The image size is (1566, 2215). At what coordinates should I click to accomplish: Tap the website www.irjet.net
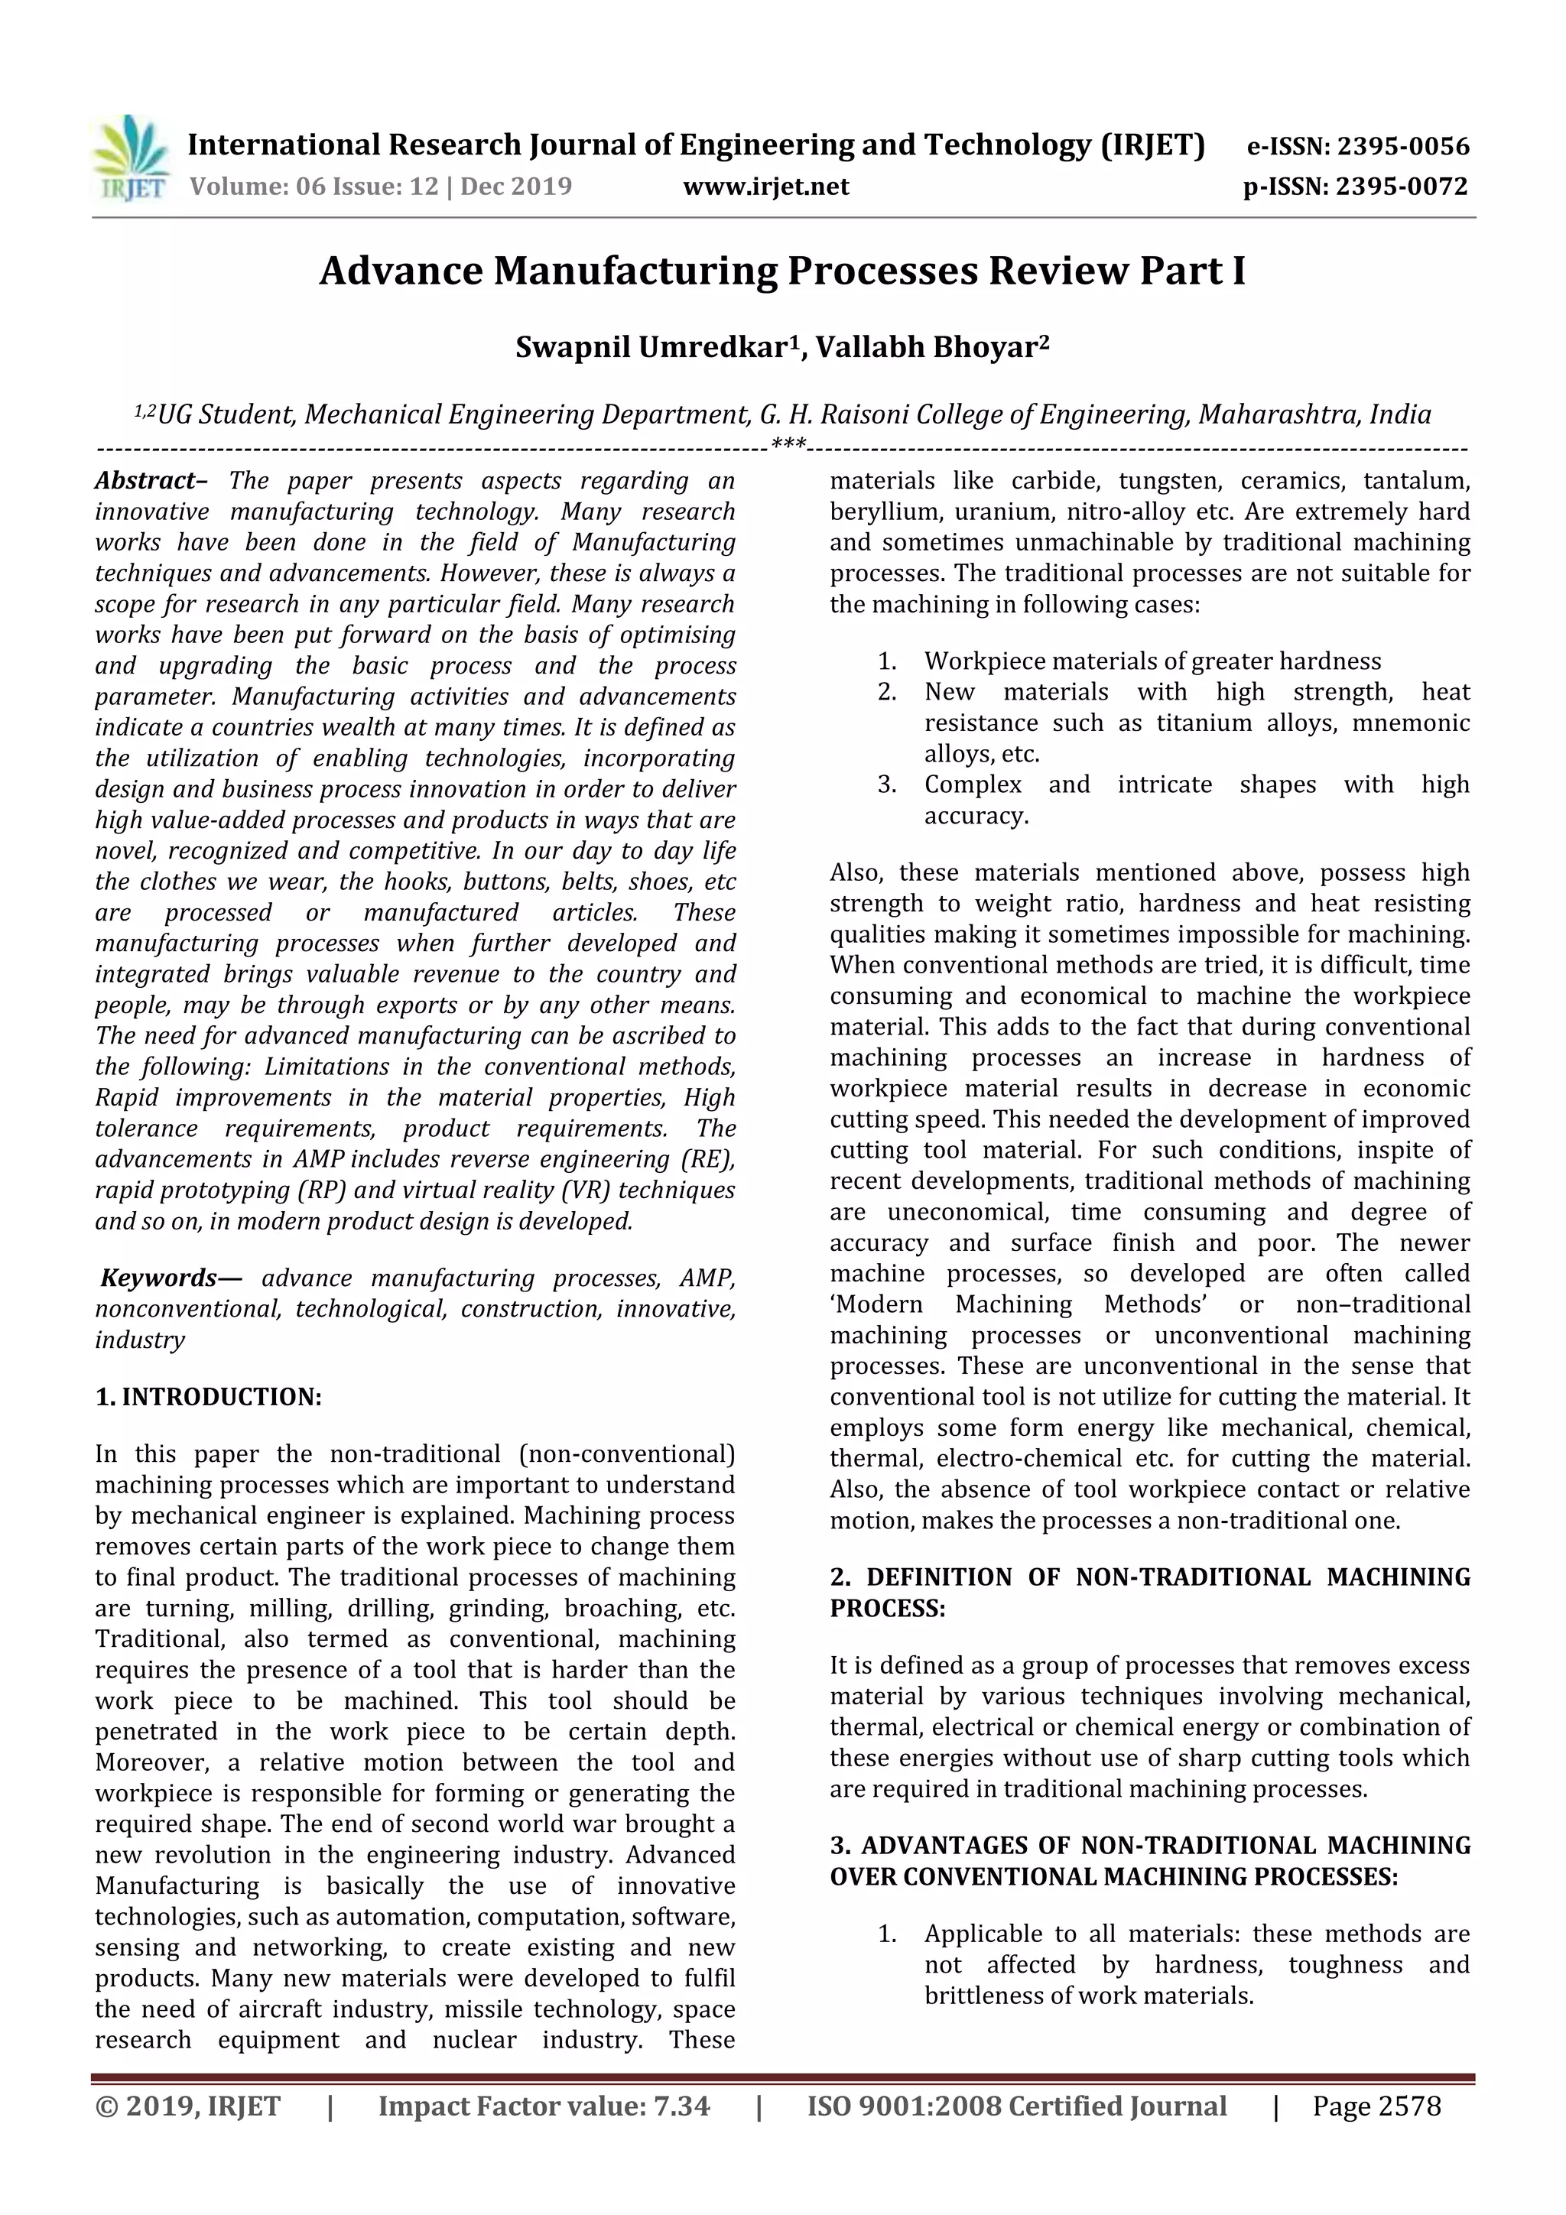pos(766,187)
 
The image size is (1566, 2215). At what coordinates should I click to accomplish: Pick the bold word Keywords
pos(159,1278)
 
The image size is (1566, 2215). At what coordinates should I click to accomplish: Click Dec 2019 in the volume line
pos(516,187)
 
